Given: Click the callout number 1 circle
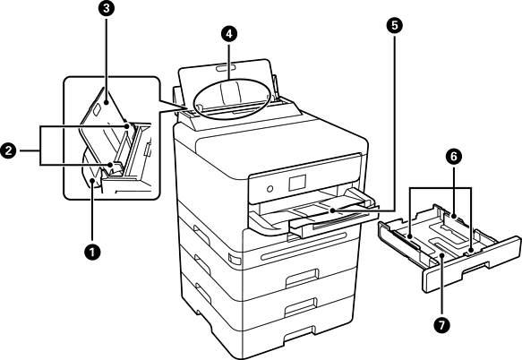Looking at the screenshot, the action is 92,252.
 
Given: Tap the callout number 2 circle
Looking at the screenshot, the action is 8,150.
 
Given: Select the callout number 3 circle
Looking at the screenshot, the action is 107,9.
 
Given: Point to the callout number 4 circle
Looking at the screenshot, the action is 228,33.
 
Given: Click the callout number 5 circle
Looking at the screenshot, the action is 395,26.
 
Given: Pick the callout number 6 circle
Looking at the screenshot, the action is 454,157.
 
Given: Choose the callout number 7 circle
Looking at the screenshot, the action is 441,324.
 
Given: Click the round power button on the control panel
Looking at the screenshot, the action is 270,189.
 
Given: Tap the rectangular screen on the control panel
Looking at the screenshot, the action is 297,183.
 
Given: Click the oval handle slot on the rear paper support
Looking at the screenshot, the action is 226,68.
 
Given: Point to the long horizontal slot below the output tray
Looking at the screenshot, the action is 304,245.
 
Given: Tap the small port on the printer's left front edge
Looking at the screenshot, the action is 234,259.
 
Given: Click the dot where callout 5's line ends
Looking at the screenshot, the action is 332,210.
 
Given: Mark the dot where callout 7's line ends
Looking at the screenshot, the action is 441,255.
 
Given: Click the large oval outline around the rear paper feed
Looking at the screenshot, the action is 233,99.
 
